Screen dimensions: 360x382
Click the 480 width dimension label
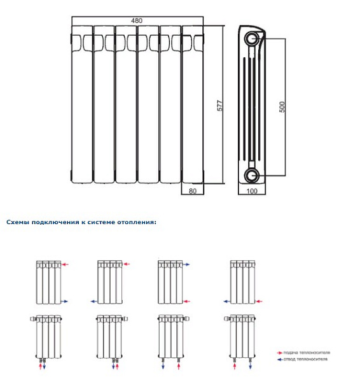pyautogui.click(x=137, y=21)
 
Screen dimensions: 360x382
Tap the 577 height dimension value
pyautogui.click(x=220, y=106)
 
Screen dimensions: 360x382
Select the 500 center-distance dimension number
pyautogui.click(x=282, y=107)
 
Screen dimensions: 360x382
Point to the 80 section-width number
pyautogui.click(x=193, y=191)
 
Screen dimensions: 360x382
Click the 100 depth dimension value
pyautogui.click(x=252, y=191)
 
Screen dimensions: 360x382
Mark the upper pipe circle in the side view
pyautogui.click(x=252, y=38)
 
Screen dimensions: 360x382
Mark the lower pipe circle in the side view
pyautogui.click(x=252, y=176)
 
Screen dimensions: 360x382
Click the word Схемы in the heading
pyautogui.click(x=18, y=222)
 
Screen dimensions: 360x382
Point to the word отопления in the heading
pyautogui.click(x=135, y=222)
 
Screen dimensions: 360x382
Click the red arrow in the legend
pyautogui.click(x=279, y=353)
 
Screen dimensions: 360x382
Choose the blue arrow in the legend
pyautogui.click(x=280, y=360)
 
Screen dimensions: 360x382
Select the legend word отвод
pyautogui.click(x=289, y=359)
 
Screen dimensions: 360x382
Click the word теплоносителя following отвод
pyautogui.click(x=312, y=359)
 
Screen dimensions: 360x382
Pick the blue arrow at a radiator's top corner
pyautogui.click(x=186, y=264)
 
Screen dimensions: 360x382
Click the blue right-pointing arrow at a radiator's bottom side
pyautogui.click(x=64, y=302)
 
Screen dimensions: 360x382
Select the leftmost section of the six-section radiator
pyautogui.click(x=82, y=104)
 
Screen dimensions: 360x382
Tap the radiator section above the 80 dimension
pyautogui.click(x=193, y=104)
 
